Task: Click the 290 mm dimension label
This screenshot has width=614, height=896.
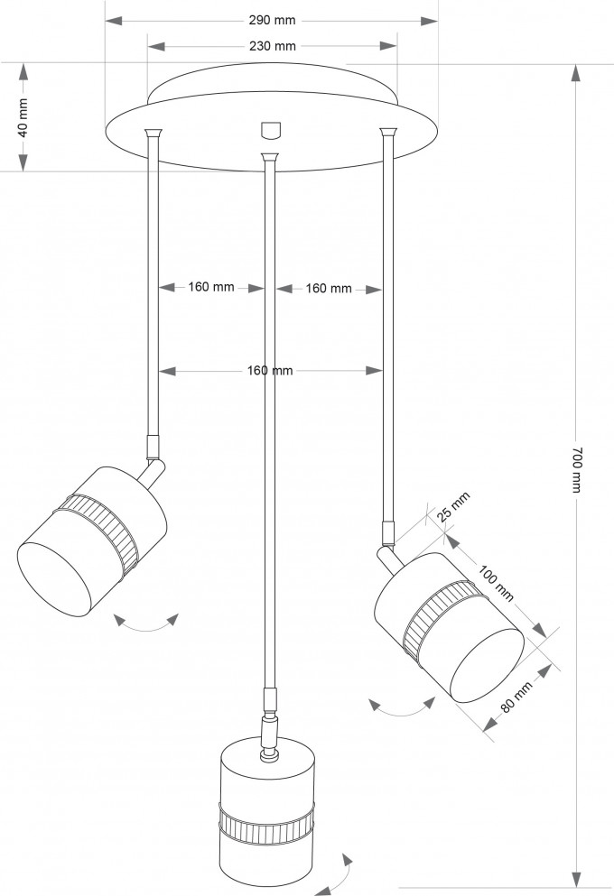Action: (x=272, y=21)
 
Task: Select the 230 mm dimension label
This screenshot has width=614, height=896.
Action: (x=272, y=46)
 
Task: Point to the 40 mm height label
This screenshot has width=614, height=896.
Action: (x=23, y=117)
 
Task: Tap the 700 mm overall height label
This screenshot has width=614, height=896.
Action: (x=576, y=469)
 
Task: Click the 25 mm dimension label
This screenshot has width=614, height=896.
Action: (x=453, y=505)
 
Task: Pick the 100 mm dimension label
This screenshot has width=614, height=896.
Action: (x=496, y=582)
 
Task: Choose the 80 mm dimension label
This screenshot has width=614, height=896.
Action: (x=516, y=696)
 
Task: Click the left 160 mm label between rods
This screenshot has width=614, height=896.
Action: (x=211, y=287)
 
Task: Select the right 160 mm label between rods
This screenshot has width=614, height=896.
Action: (x=328, y=289)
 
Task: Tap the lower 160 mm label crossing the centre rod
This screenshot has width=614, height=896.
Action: (x=270, y=371)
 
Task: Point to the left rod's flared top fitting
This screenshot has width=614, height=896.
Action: (x=153, y=134)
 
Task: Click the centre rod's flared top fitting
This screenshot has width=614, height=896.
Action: (x=269, y=157)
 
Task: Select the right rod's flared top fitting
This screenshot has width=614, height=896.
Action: (x=388, y=134)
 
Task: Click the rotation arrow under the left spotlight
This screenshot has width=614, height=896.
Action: (x=146, y=623)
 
